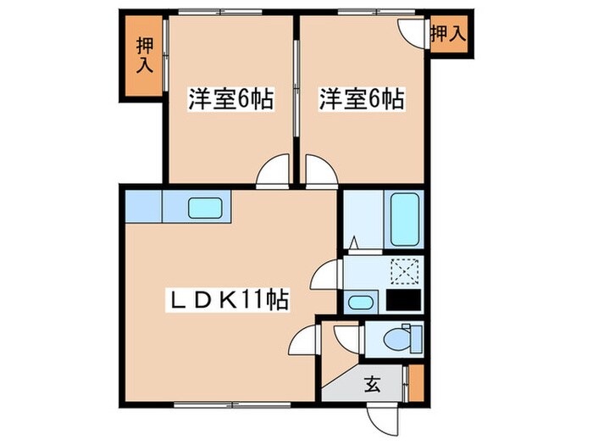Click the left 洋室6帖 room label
point(230,100)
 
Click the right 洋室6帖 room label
point(360,100)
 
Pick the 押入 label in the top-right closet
point(448,34)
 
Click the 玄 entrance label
point(372,384)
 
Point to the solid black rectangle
point(403,300)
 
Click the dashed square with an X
point(403,271)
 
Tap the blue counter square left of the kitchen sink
point(143,206)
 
